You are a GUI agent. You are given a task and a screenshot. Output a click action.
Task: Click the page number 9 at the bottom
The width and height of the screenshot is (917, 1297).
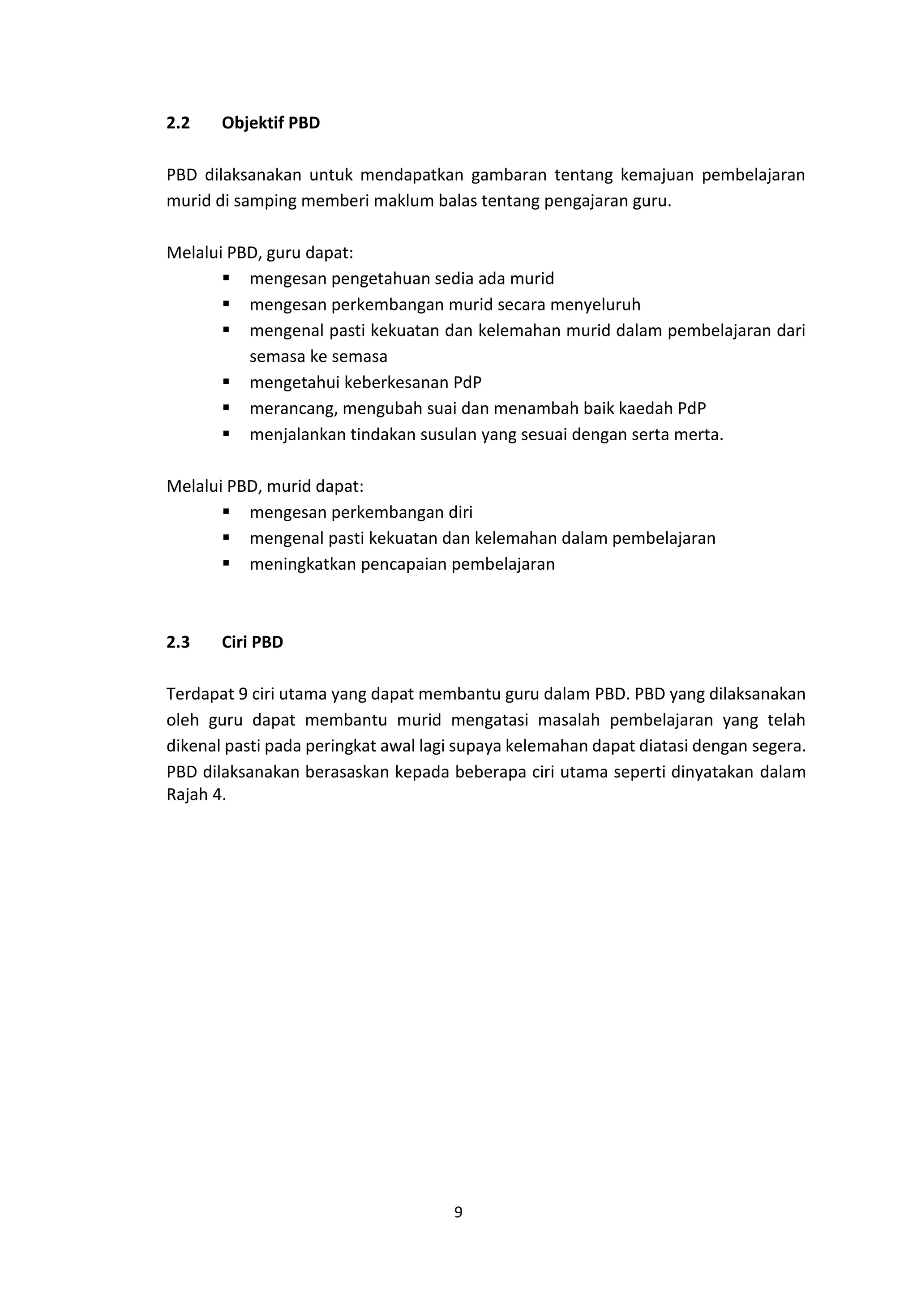tap(458, 1212)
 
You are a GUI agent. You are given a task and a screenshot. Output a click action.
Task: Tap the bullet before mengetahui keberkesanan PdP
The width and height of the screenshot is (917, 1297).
tap(226, 382)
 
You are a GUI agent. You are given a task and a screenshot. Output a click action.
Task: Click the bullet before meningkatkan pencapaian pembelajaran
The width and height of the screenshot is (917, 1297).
tap(226, 563)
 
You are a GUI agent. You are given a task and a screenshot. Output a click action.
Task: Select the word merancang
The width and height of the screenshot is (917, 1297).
tap(293, 409)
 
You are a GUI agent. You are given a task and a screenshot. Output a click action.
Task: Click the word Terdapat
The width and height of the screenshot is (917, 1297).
tap(199, 694)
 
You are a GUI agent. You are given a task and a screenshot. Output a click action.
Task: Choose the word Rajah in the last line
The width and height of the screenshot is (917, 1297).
tap(187, 795)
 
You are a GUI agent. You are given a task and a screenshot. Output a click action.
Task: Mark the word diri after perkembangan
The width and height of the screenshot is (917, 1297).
tap(460, 512)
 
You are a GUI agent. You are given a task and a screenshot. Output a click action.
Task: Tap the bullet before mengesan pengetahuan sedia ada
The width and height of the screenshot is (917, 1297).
tap(226, 278)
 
